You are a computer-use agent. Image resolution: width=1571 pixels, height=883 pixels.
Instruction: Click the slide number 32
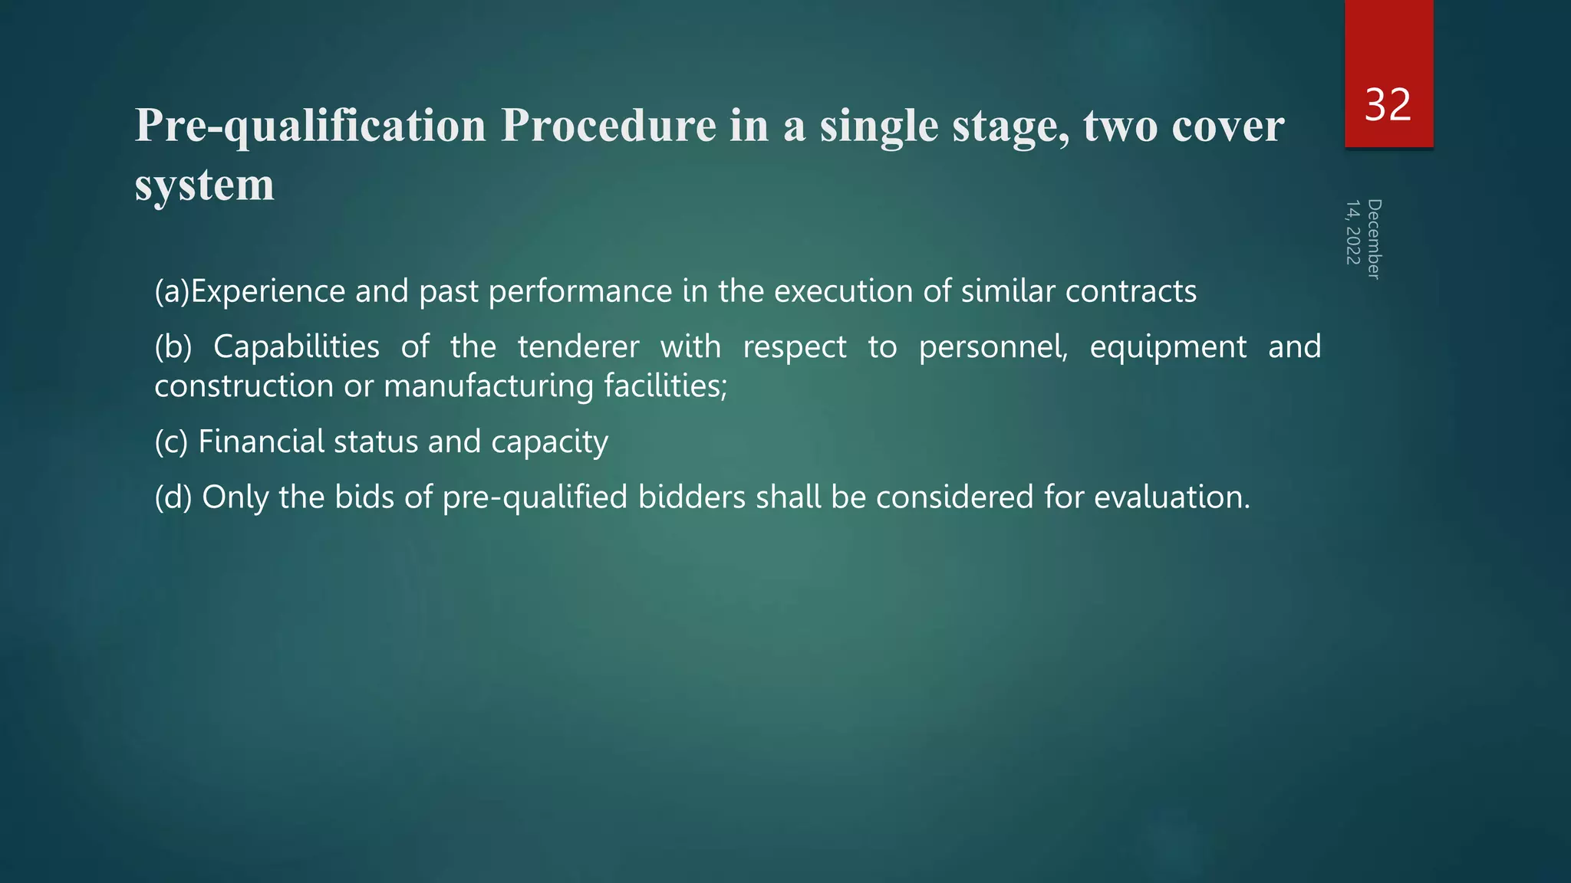coord(1388,105)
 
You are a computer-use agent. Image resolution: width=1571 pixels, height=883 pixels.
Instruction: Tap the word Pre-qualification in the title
coord(311,126)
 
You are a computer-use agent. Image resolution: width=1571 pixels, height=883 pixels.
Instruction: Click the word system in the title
coord(204,185)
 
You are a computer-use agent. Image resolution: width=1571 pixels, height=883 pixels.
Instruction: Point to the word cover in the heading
coord(1227,126)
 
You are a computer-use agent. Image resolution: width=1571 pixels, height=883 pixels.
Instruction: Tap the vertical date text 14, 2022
coord(1353,232)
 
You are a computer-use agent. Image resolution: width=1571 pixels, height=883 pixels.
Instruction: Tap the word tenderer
coord(578,347)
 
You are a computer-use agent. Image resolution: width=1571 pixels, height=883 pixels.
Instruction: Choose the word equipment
coord(1168,347)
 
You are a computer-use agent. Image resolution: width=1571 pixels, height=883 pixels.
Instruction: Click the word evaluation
coord(1171,497)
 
